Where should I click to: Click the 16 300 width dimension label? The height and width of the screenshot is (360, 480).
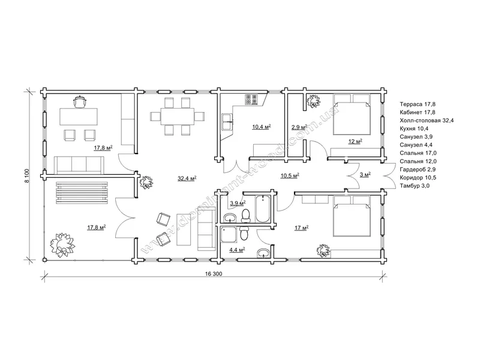214,274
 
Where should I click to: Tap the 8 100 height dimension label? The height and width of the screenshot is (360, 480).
27,176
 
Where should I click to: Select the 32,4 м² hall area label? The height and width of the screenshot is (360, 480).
187,178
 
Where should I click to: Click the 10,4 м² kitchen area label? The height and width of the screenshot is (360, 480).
262,127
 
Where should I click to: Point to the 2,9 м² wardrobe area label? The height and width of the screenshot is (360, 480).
299,127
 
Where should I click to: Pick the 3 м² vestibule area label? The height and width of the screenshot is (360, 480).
365,175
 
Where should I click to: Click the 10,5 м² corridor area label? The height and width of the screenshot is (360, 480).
290,175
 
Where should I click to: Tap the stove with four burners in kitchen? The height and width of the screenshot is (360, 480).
251,100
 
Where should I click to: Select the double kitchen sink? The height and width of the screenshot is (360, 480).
227,122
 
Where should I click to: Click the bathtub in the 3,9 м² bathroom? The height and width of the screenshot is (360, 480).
262,208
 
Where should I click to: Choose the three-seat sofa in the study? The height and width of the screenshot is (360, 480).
79,165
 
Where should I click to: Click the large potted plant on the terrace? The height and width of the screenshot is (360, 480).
62,244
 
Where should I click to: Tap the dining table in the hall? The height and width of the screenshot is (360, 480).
178,116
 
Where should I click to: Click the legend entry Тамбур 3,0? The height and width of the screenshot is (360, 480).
415,185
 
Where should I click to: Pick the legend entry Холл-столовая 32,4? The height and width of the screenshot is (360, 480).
427,121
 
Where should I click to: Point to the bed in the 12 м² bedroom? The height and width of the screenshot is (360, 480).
352,114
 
